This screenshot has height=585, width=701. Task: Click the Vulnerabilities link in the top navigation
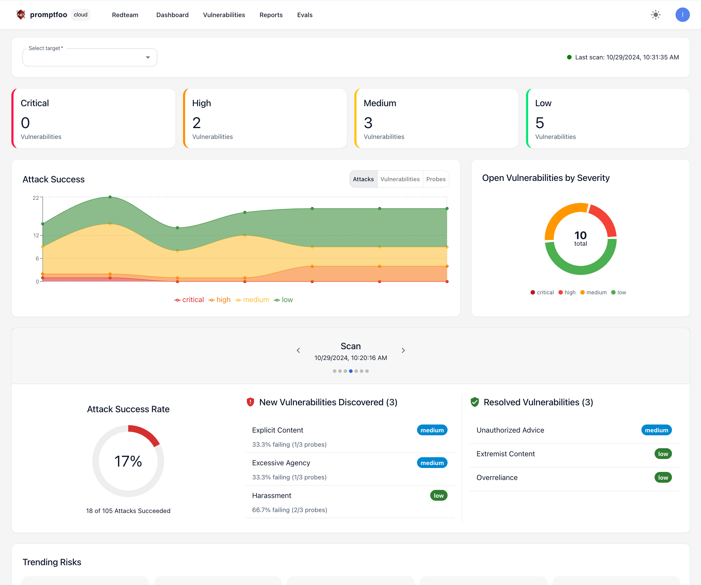coord(224,15)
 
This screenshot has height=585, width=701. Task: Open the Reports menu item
coord(271,15)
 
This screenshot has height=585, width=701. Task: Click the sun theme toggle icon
coord(655,15)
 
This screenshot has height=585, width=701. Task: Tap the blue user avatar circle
coord(682,15)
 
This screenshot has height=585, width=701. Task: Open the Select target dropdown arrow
coord(148,58)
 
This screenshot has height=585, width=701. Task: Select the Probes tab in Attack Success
coord(436,179)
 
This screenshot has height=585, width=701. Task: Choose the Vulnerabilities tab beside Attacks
coord(400,179)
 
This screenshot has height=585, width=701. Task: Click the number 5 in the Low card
coord(540,123)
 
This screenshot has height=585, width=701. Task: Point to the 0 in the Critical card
coord(25,123)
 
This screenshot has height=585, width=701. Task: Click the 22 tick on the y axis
coord(36,198)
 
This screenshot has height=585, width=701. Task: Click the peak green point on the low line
coord(110,197)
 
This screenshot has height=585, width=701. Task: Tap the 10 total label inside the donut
coord(580,238)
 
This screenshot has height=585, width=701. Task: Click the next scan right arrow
coord(403,350)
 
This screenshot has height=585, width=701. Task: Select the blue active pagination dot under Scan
coord(350,371)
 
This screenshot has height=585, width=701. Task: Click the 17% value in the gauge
coord(128,461)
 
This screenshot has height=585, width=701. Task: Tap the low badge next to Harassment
coord(438,495)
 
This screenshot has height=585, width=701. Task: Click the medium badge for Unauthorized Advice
coord(656,430)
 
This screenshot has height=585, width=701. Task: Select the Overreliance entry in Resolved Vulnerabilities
coord(497,478)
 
